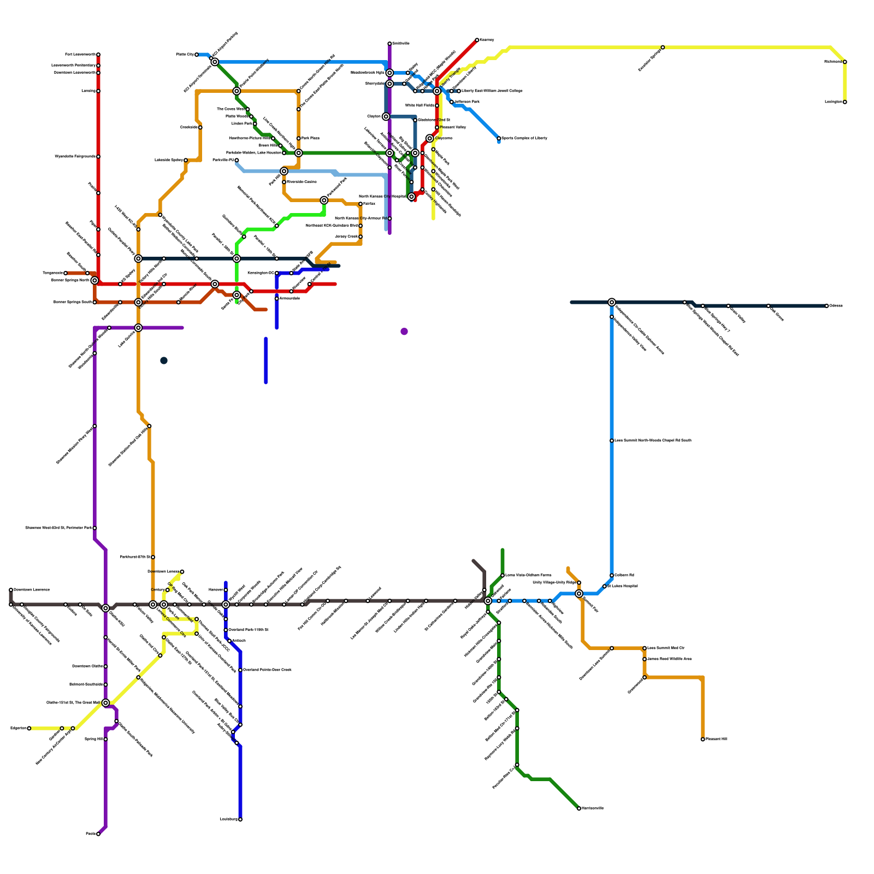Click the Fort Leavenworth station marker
pos(98,55)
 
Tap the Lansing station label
pos(88,91)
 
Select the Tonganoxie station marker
pos(66,273)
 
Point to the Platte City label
pos(185,55)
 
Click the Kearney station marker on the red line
pos(477,40)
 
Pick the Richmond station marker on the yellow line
pos(845,62)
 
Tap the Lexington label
pos(833,102)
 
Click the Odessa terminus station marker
pos(827,306)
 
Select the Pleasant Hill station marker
pos(703,739)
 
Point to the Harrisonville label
pos(593,808)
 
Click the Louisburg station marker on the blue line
pos(240,819)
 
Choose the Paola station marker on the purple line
pos(98,834)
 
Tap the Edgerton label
pos(17,728)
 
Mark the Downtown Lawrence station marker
pos(11,590)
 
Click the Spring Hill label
pos(93,739)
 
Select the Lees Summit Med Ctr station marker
pos(645,648)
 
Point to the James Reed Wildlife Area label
pos(669,659)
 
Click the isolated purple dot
pos(404,332)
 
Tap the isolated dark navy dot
pos(164,361)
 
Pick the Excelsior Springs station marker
pos(663,48)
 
